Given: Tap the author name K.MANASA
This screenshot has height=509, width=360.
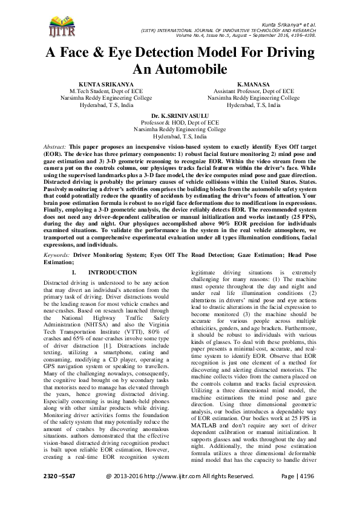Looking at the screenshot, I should pos(253,84).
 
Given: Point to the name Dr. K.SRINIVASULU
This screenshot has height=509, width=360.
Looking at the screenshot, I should pos(180,115).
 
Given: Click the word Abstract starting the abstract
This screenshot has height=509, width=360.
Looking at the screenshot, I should pos(56,147).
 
